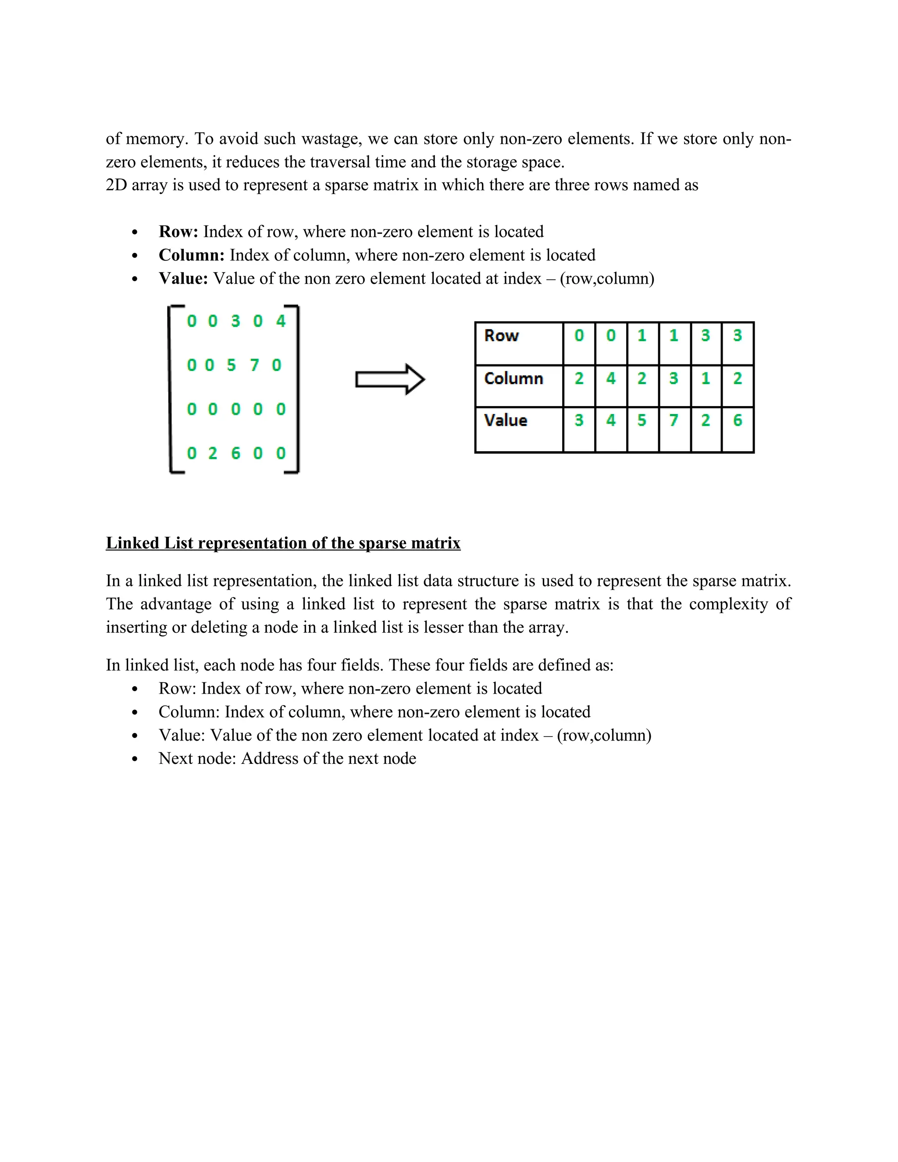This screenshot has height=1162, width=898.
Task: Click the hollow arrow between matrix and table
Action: (390, 379)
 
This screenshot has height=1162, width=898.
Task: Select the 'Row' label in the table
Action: (501, 336)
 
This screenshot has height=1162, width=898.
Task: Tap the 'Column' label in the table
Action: (513, 378)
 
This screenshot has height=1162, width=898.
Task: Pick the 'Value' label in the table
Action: (506, 421)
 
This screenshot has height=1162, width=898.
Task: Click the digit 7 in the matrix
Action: (254, 365)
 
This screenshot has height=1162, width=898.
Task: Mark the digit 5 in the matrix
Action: (231, 365)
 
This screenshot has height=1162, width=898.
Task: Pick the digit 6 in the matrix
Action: (235, 453)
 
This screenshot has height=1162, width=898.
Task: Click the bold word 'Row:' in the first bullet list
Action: (178, 232)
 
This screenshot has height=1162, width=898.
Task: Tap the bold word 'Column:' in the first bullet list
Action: (192, 255)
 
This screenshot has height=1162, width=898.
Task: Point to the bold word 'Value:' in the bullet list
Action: (183, 279)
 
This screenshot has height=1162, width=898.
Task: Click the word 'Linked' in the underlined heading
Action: (132, 543)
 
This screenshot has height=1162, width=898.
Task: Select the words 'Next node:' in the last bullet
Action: (197, 759)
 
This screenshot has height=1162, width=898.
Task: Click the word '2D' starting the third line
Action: (116, 185)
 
